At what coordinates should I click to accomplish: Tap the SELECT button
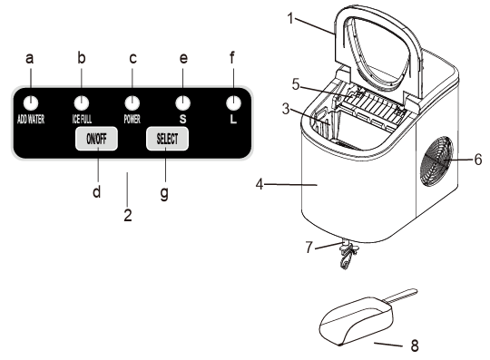point(167,139)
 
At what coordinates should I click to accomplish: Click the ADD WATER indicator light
point(31,103)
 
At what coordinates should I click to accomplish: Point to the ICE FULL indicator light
point(82,103)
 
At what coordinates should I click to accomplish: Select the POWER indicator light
point(132,103)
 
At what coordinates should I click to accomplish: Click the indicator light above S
point(182,103)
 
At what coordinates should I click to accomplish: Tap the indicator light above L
point(233,103)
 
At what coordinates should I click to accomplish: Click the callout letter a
point(30,58)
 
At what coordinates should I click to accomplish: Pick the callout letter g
point(164,194)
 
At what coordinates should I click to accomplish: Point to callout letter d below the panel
point(97,191)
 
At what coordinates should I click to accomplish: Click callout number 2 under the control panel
point(128,215)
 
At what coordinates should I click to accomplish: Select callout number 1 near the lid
point(290,18)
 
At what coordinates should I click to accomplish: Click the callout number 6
point(478,160)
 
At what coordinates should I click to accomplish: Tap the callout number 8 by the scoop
point(415,345)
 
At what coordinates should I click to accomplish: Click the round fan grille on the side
point(436,161)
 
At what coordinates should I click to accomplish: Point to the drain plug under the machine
point(348,255)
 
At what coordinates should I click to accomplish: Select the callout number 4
point(260,184)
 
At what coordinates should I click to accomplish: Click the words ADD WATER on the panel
point(31,120)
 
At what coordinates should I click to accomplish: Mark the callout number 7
point(309,248)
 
